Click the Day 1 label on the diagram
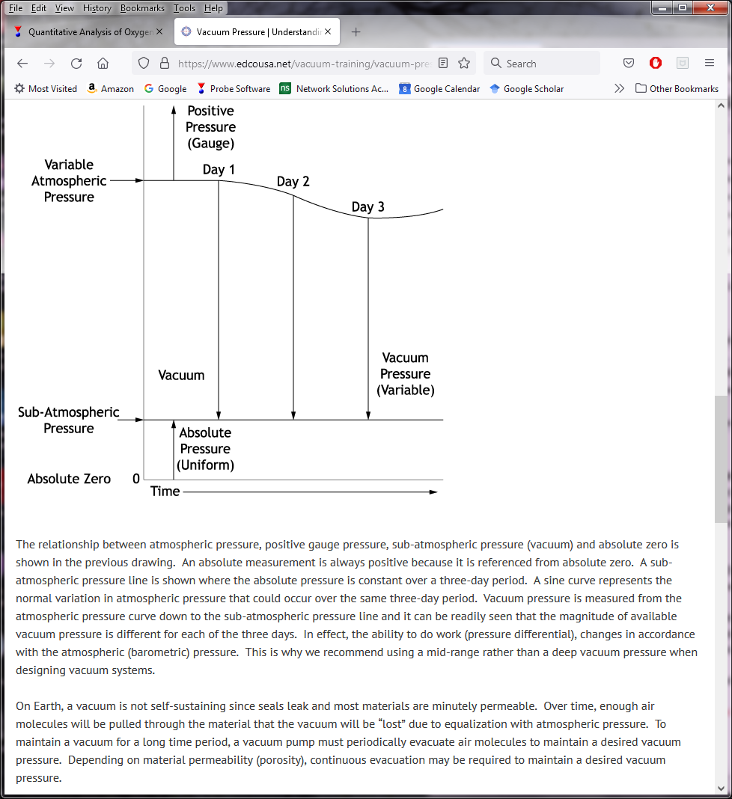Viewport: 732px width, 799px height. (219, 170)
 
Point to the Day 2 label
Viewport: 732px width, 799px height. (293, 182)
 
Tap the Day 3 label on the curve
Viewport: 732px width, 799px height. (367, 207)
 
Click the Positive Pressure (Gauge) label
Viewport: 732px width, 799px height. (210, 127)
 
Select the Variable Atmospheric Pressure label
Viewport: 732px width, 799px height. (69, 181)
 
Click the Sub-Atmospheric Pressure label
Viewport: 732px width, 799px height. (69, 420)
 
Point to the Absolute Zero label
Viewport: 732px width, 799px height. (69, 479)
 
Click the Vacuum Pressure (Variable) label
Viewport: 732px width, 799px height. (406, 374)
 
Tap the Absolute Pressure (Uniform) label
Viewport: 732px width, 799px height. (205, 449)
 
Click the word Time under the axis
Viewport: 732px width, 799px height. (165, 492)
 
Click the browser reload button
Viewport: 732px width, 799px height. (76, 64)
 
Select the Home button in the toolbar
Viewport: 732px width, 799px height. (103, 64)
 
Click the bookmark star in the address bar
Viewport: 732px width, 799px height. (464, 64)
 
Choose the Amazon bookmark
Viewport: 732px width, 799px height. (110, 88)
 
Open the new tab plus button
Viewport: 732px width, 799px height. (356, 32)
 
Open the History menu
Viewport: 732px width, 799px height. (97, 8)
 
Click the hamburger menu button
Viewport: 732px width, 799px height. (710, 64)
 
